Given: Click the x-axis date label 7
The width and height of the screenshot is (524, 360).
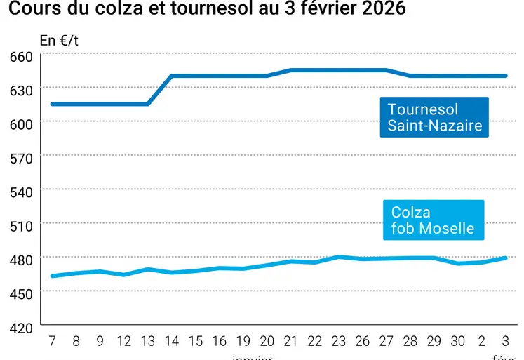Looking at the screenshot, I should (52, 341).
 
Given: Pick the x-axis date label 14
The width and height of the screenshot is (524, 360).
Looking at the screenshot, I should (172, 341).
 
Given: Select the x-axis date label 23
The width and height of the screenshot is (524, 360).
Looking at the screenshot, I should (339, 341).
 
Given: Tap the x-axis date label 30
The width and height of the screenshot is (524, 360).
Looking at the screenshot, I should (458, 341).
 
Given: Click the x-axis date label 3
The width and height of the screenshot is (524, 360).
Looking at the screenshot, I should (505, 341).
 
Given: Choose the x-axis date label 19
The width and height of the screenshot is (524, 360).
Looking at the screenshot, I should (243, 341).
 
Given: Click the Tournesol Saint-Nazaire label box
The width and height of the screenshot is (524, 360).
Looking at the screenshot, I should (434, 117).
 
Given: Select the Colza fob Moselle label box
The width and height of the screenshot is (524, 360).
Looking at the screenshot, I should (433, 220).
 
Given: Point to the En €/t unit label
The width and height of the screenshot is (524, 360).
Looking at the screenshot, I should (59, 40).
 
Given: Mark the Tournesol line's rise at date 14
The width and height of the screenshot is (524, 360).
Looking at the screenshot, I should (172, 76).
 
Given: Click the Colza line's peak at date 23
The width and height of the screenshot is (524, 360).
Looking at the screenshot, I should (339, 257).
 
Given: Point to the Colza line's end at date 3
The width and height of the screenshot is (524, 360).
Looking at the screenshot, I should (505, 258).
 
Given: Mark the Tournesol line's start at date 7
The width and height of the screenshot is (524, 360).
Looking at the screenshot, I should (52, 104).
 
